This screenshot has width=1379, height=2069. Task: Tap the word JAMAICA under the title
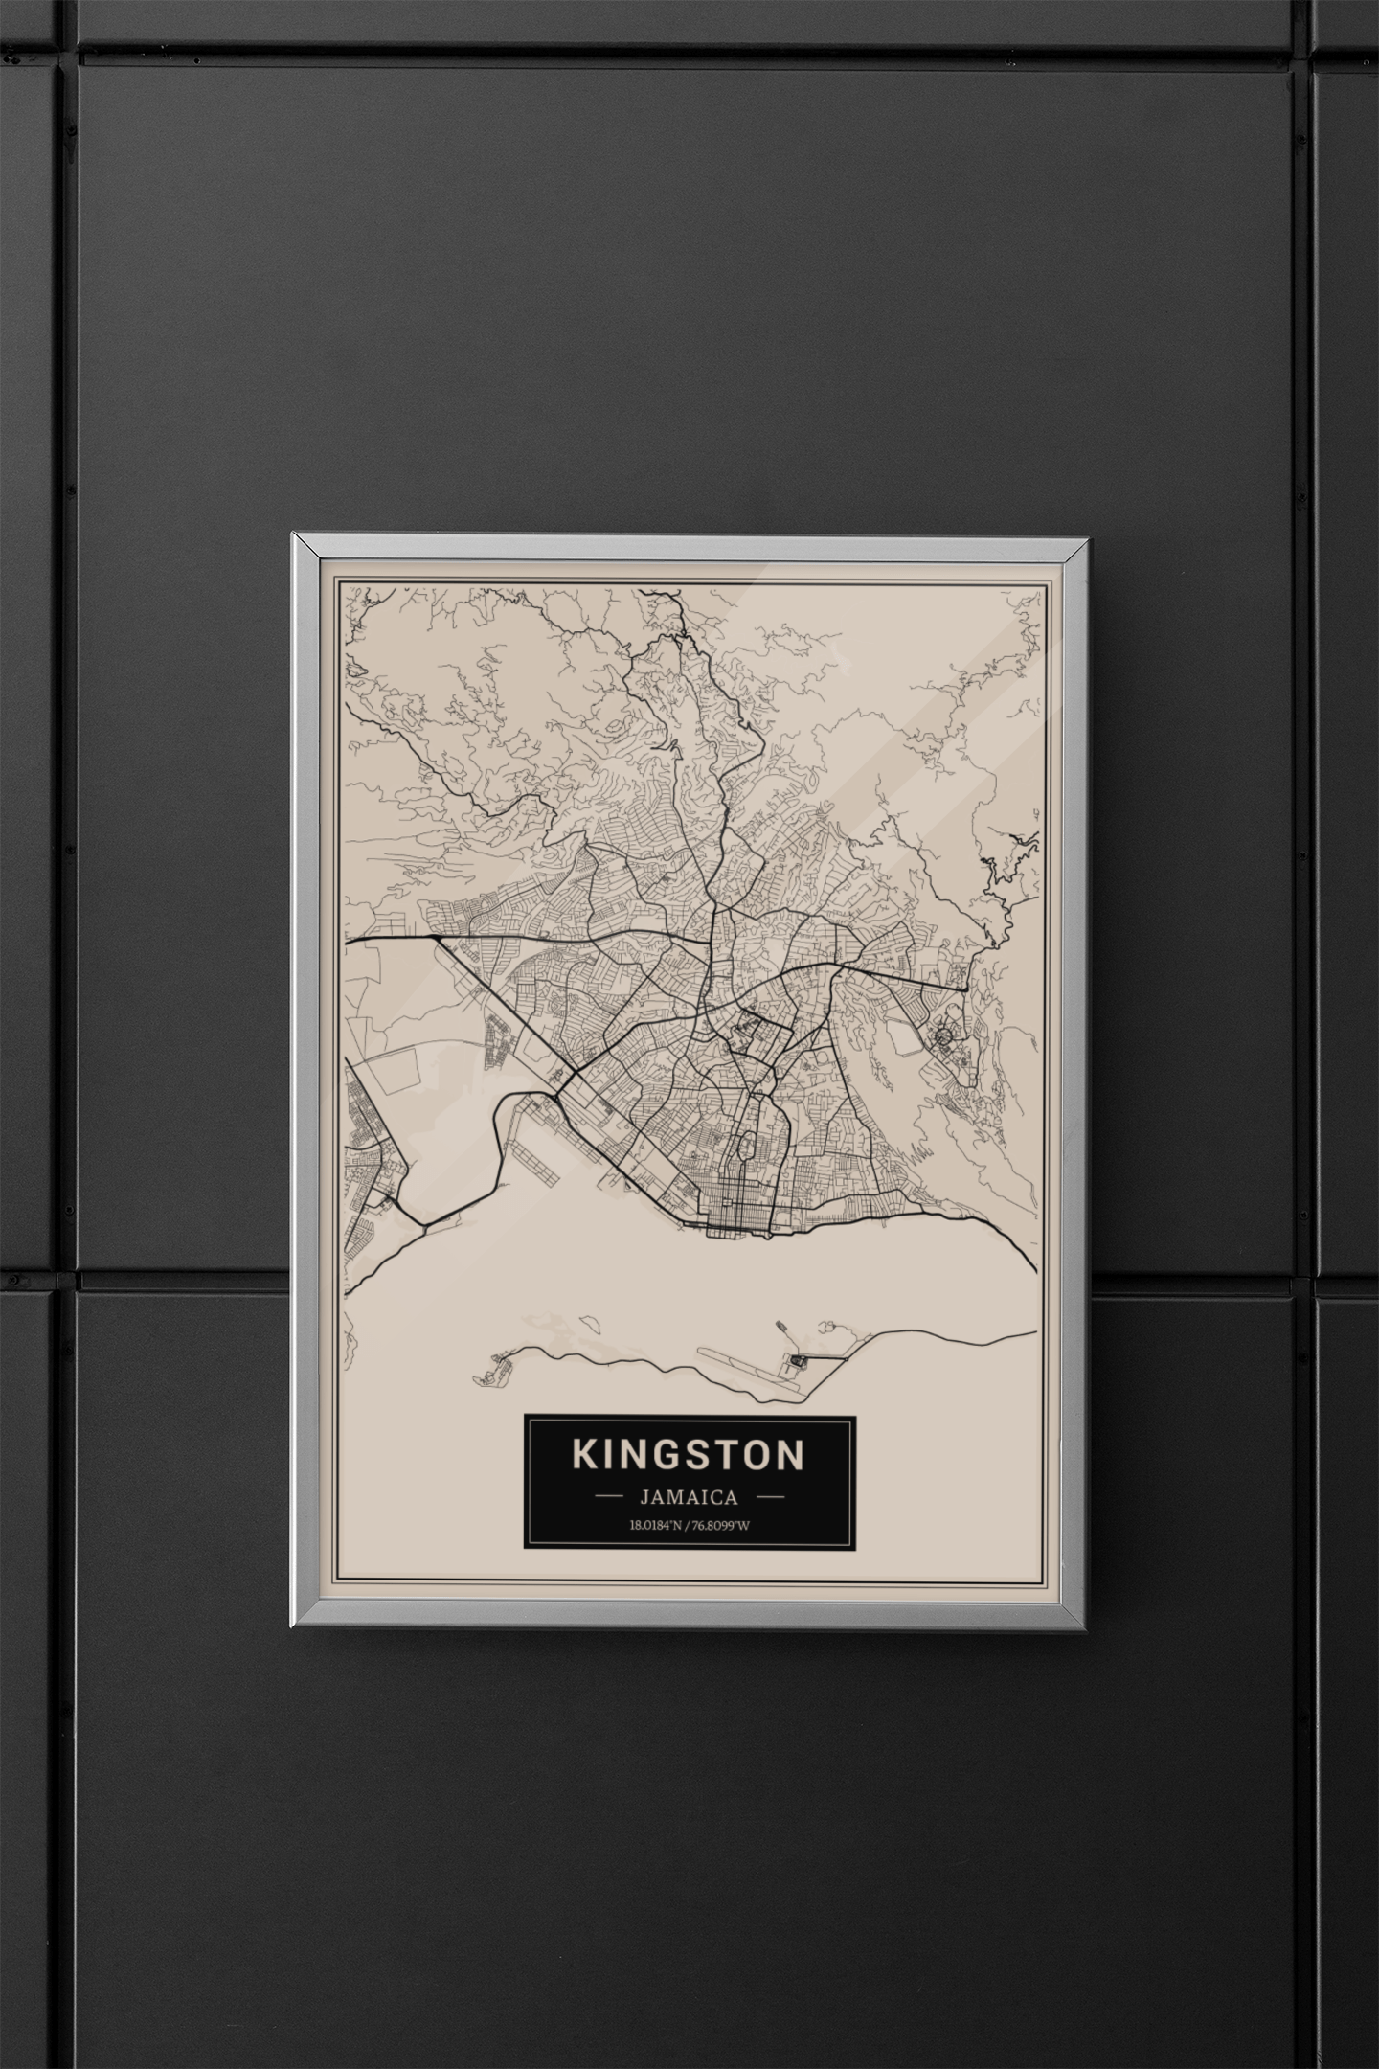[x=689, y=1497]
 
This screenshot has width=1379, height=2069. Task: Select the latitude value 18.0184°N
[x=658, y=1526]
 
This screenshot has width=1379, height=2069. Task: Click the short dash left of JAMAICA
[x=610, y=1496]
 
